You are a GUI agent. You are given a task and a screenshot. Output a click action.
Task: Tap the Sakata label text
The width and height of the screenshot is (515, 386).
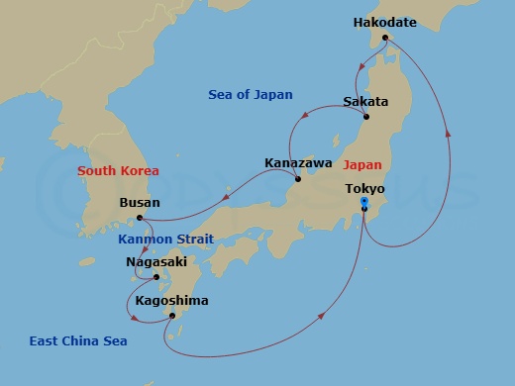364,102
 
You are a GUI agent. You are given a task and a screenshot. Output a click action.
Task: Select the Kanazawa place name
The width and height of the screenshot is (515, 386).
298,162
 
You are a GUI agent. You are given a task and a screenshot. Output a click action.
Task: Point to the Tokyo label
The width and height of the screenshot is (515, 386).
364,187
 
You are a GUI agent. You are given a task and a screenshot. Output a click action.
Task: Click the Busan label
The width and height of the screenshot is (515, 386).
139,202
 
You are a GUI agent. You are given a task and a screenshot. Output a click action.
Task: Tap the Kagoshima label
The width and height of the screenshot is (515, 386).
171,300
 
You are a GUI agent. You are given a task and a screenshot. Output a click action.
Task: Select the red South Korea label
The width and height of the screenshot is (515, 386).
119,171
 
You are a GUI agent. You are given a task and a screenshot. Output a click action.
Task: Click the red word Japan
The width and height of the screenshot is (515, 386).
363,167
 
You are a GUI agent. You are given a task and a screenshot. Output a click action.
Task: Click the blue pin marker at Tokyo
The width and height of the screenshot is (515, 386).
364,203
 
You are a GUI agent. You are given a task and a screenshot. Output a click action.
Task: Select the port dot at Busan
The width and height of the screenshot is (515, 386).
140,217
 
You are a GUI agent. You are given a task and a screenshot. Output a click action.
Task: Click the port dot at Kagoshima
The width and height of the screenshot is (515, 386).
172,316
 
